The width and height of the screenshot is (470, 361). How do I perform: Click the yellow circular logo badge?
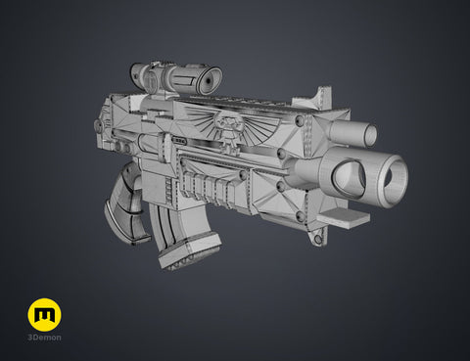click(44, 314)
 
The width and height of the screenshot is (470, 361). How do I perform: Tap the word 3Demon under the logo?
click(44, 338)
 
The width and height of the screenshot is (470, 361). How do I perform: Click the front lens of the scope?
click(209, 81)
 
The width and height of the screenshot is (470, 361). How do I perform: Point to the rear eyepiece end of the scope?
click(137, 72)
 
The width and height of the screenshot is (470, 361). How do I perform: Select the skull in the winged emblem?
click(231, 131)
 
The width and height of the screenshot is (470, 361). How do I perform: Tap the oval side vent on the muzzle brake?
click(349, 177)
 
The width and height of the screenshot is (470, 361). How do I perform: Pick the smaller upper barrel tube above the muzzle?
click(353, 133)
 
